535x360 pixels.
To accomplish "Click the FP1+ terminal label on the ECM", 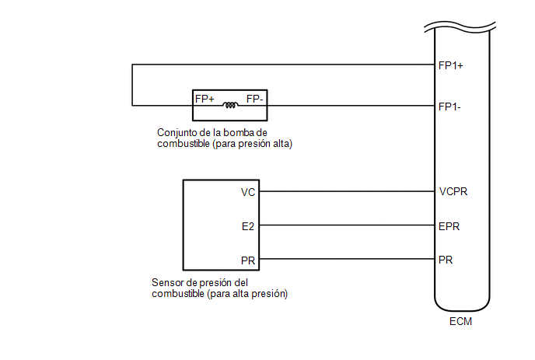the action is pyautogui.click(x=450, y=65).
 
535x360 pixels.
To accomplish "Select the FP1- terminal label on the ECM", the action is pyautogui.click(x=449, y=107).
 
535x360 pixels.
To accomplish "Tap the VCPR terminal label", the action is pyautogui.click(x=453, y=191).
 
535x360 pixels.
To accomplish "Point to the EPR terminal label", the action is pyautogui.click(x=449, y=226).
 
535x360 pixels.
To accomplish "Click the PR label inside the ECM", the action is pyautogui.click(x=446, y=260).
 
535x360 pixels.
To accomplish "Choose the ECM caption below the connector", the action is pyautogui.click(x=460, y=321).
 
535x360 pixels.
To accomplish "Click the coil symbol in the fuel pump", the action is pyautogui.click(x=230, y=105).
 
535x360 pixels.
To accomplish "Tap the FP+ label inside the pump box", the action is pyautogui.click(x=205, y=99).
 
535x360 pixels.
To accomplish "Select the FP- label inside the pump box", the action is pyautogui.click(x=254, y=99).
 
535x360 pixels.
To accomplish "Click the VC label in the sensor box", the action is pyautogui.click(x=248, y=192).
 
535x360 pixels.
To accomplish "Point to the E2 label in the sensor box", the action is pyautogui.click(x=248, y=226).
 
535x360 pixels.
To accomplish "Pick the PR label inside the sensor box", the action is pyautogui.click(x=248, y=260).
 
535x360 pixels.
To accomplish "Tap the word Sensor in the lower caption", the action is pyautogui.click(x=164, y=282).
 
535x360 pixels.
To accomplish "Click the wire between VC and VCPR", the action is pyautogui.click(x=347, y=191).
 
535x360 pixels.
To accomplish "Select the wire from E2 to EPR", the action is pyautogui.click(x=347, y=225).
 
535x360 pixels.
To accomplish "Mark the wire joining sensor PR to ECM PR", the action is pyautogui.click(x=347, y=259).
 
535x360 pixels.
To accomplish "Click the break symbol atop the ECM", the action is pyautogui.click(x=460, y=26).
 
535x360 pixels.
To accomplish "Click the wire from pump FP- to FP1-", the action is pyautogui.click(x=351, y=106).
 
